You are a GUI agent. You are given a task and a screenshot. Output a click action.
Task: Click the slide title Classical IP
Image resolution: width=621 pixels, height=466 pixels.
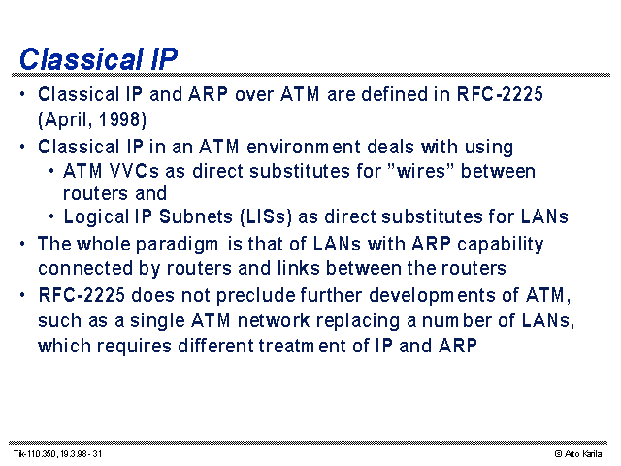pyautogui.click(x=99, y=59)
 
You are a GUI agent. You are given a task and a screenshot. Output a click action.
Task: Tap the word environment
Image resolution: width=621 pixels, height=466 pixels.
pyautogui.click(x=303, y=147)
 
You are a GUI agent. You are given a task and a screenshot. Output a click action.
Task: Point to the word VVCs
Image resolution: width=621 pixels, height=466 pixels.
pyautogui.click(x=134, y=171)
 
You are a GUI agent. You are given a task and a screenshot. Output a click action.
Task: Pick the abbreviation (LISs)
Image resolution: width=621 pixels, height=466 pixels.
pyautogui.click(x=266, y=216)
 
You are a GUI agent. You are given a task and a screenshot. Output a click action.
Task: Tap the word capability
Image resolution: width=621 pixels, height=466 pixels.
pyautogui.click(x=501, y=245)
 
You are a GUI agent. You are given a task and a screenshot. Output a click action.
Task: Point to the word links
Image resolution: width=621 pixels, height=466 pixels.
pyautogui.click(x=298, y=268)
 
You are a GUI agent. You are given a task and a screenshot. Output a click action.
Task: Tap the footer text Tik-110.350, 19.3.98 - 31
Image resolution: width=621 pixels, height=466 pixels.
pyautogui.click(x=58, y=453)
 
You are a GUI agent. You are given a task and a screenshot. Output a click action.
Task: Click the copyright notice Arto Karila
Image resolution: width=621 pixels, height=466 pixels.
pyautogui.click(x=578, y=454)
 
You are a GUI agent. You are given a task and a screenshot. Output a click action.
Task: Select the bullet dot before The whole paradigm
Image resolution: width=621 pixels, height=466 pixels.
pyautogui.click(x=22, y=243)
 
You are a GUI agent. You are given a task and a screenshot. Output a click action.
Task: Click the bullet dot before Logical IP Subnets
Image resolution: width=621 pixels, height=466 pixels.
pyautogui.click(x=51, y=216)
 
